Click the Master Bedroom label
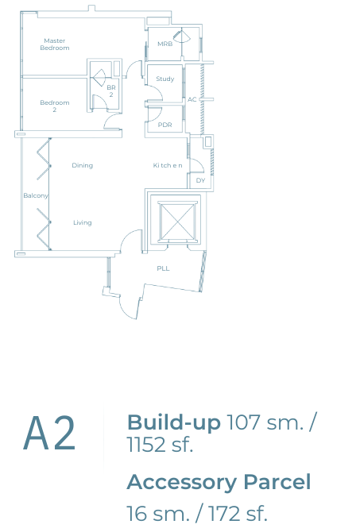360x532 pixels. coord(55,44)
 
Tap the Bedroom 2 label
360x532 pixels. coord(55,106)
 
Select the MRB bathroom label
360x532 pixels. coord(165,44)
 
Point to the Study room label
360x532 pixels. coord(165,79)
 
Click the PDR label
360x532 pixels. coord(165,125)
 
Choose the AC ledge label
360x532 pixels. coord(192,99)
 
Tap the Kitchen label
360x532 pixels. coord(168,166)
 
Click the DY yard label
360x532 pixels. coord(201,180)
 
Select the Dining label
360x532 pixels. coord(82,166)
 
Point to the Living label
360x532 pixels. coord(83,222)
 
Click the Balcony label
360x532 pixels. coord(36,196)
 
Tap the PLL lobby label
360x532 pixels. coord(164,268)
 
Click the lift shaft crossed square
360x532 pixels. coord(177,222)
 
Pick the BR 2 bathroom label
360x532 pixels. coord(111,91)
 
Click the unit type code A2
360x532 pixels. coord(49,434)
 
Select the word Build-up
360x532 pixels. coord(173,422)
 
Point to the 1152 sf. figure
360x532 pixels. coord(160,445)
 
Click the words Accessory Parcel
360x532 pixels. coord(219,482)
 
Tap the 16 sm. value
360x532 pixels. coord(157,514)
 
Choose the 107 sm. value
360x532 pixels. coord(265,422)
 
